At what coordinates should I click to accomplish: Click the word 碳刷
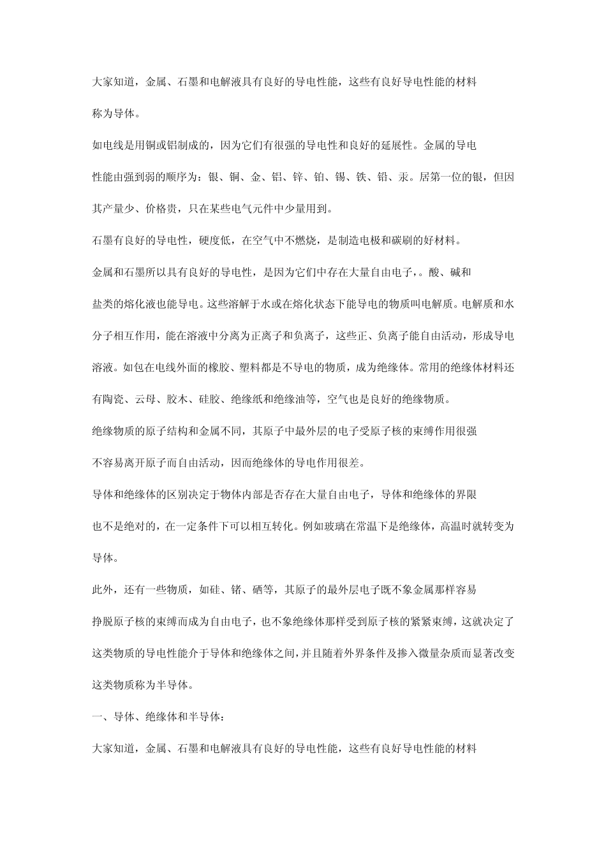point(393,241)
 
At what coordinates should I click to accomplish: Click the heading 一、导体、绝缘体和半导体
point(156,717)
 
